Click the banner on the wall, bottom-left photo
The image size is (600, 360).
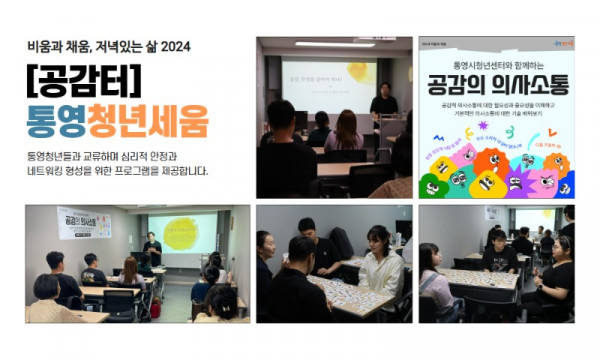tap(84, 222)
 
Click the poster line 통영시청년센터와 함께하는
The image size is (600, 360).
tap(496, 61)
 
